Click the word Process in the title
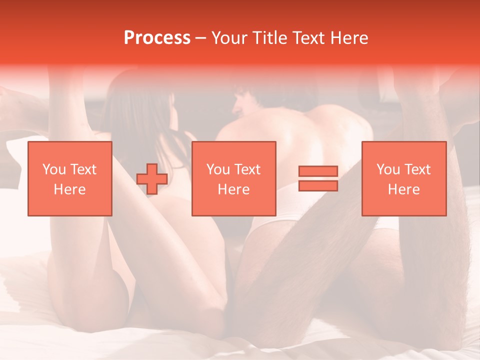(x=157, y=37)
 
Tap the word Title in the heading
(x=267, y=37)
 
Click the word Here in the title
(x=349, y=37)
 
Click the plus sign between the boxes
(x=151, y=179)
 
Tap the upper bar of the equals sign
(x=318, y=171)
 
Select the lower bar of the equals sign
(x=318, y=185)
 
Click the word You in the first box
(x=53, y=169)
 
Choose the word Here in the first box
(x=69, y=189)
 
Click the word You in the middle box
(x=217, y=169)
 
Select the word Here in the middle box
(x=233, y=189)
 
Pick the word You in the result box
(x=387, y=169)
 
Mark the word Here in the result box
(x=403, y=189)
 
